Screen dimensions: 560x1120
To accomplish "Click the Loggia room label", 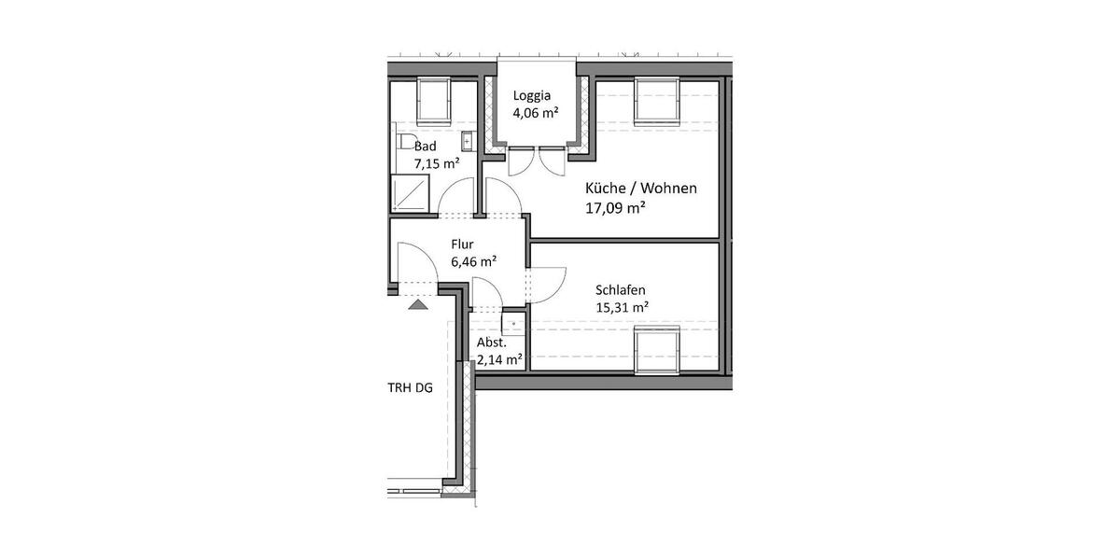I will click(532, 95).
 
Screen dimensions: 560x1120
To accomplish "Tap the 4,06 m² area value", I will click(535, 114).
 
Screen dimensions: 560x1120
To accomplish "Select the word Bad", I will click(426, 147).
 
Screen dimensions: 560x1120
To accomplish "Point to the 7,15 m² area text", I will click(437, 164).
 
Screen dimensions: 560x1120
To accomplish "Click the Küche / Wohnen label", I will click(640, 189).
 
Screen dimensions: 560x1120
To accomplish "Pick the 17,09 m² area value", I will click(615, 209).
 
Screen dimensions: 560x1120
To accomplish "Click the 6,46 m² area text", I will click(473, 262).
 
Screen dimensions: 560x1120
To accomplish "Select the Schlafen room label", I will click(621, 289).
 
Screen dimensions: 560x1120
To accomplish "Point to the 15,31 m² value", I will click(622, 307).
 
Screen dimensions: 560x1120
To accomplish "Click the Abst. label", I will click(491, 342).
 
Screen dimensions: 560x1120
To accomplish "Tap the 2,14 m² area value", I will click(499, 358).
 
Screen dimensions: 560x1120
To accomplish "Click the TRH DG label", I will click(411, 388).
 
